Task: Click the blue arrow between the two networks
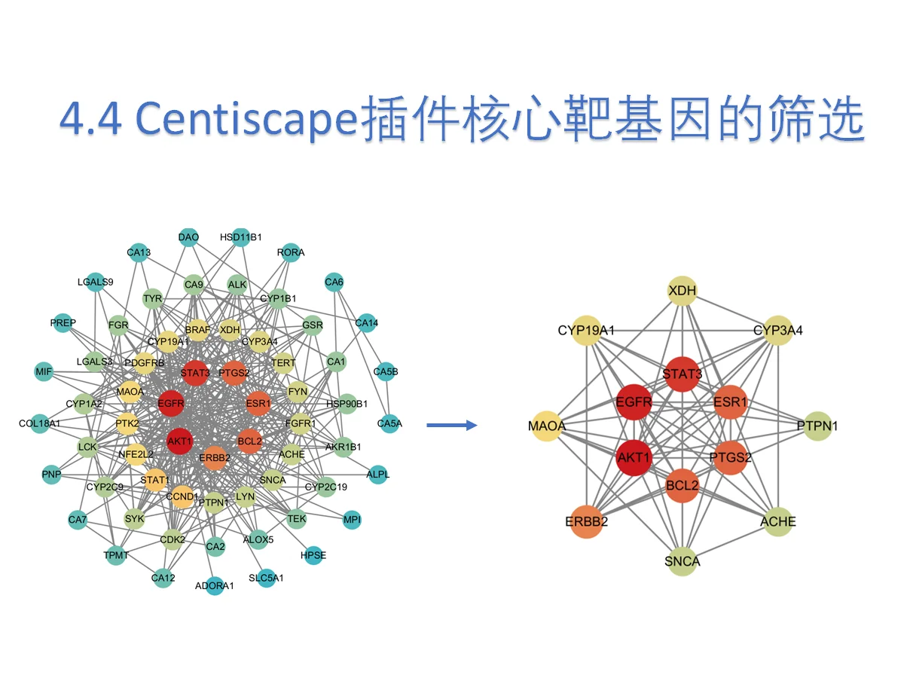coord(452,426)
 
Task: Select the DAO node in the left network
coord(188,237)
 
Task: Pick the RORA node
coord(291,252)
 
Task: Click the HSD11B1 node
coord(241,237)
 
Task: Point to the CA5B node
coord(386,371)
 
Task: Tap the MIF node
coord(44,371)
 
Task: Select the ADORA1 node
coord(215,585)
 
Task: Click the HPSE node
coord(313,555)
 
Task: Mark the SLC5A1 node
coord(267,579)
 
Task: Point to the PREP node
coord(63,322)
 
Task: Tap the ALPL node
coord(378,475)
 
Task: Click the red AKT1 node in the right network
coord(634,457)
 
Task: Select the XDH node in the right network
coord(683,289)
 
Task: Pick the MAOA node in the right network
coord(548,426)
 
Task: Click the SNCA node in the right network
coord(683,560)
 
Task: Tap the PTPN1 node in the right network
coord(818,426)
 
